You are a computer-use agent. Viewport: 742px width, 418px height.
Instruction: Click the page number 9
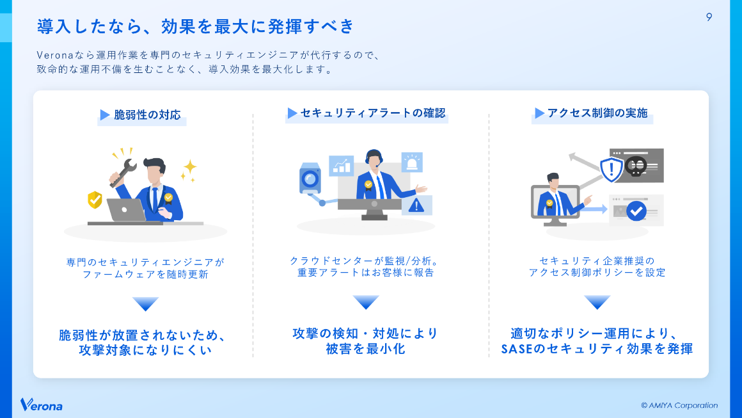coord(709,17)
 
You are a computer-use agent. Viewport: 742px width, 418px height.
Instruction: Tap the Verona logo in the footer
coord(42,405)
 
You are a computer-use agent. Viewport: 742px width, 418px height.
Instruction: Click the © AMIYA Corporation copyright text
coord(679,405)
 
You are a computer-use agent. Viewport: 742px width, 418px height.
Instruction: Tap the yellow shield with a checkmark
coord(95,200)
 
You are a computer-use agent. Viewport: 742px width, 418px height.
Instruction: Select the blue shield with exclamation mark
coord(612,169)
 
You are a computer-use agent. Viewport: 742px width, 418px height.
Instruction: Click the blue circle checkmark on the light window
coord(636,210)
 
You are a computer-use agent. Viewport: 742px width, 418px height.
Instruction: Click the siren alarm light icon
coord(411,162)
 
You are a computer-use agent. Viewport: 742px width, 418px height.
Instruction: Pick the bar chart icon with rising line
coord(342,165)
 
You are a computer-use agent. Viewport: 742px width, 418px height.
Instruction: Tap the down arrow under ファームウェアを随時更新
coord(145,303)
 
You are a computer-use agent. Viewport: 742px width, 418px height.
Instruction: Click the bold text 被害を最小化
coord(365,350)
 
